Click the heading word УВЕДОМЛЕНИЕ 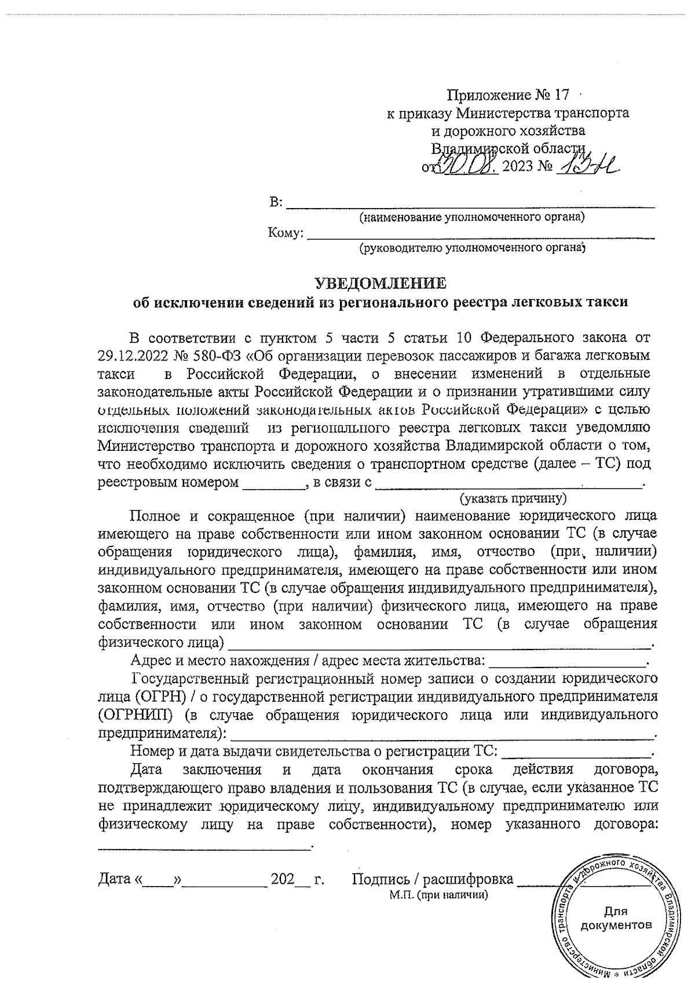click(381, 283)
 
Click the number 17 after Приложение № click(559, 94)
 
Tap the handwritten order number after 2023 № click(586, 169)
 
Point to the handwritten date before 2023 click(469, 167)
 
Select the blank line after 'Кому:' click(481, 236)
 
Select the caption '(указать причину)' click(513, 498)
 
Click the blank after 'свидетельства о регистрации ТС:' click(576, 755)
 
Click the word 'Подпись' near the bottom click(381, 879)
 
